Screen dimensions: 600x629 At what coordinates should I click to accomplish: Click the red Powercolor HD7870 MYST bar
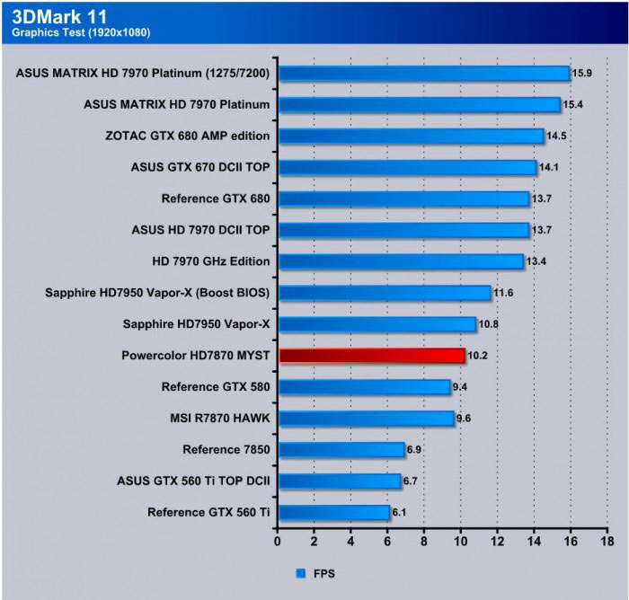coord(371,356)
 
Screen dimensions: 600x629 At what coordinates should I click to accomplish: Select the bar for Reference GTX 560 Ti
coord(333,513)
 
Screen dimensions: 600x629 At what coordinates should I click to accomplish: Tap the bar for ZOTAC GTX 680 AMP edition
coord(411,136)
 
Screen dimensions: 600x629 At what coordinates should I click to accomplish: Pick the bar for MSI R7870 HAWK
coord(366,419)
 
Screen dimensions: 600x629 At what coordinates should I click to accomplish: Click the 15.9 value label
coord(583,73)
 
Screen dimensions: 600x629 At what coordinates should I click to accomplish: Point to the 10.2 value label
coord(479,356)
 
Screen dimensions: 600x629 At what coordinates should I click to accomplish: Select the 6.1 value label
coord(403,513)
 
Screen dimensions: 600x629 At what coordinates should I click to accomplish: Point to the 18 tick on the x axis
coord(607,542)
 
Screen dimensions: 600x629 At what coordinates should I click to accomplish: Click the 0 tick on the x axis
coord(278,542)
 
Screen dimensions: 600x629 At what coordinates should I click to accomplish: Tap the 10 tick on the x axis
coord(461,542)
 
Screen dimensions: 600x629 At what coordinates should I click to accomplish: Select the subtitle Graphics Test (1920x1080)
coord(81,33)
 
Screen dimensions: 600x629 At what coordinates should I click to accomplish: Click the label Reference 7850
coord(226,450)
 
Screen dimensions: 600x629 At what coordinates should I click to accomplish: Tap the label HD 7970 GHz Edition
coord(211,261)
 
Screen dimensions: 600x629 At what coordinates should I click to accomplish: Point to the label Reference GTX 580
coord(216,387)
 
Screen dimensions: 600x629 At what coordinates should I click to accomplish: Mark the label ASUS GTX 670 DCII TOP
coord(200,167)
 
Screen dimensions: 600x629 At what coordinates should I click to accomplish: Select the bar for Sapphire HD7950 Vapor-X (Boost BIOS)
coord(384,293)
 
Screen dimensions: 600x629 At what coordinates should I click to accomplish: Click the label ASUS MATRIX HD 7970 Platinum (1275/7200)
coord(143,73)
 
